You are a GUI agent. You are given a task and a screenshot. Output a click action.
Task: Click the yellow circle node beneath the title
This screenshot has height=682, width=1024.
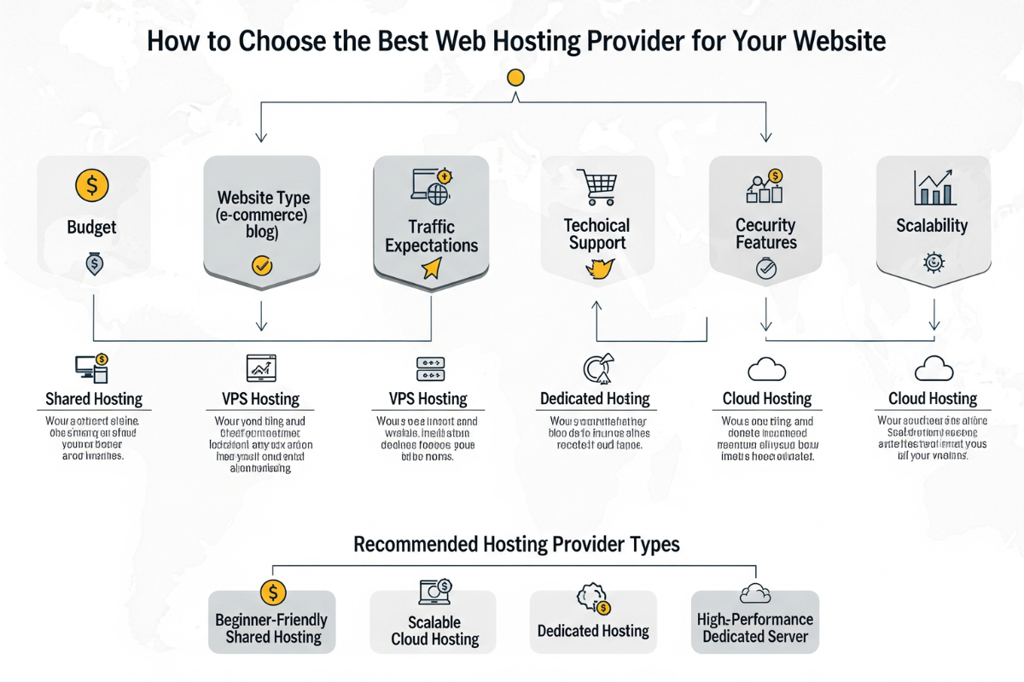pos(515,78)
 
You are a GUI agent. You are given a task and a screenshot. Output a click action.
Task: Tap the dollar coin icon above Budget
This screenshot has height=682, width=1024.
pos(92,185)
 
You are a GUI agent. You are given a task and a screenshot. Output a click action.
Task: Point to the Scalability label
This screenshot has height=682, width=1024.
pos(932,226)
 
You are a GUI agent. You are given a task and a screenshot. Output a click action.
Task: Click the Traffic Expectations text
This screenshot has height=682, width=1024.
pos(431,236)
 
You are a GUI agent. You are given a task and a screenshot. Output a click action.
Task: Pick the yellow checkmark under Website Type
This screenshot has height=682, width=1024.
pos(262,266)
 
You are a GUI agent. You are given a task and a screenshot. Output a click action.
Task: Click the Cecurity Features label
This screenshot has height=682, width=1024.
pos(765,234)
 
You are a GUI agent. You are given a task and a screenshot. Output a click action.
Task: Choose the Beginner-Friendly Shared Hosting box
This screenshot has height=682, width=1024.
pos(271,628)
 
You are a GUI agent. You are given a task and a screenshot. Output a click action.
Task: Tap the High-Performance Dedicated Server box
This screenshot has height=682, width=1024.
pos(755,627)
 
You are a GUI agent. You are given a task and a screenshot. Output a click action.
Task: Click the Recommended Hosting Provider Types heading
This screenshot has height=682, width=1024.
pos(516,544)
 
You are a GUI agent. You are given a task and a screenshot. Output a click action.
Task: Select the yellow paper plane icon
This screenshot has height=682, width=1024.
pos(430,269)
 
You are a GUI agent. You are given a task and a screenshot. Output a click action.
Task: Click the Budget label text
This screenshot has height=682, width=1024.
pos(92,228)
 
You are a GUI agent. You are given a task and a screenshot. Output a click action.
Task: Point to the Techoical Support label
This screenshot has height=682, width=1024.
pos(596,234)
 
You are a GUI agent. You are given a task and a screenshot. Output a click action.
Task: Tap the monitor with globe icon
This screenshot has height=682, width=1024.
pos(431,188)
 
